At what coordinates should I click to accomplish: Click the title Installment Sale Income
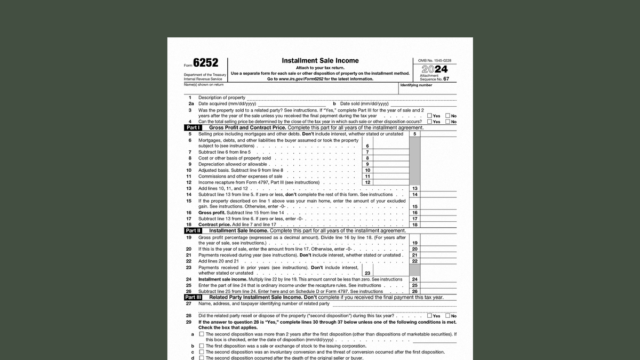click(x=320, y=61)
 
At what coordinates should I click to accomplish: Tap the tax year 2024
click(x=435, y=69)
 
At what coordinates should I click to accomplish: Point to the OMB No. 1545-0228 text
click(x=435, y=61)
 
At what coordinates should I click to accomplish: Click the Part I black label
click(x=193, y=128)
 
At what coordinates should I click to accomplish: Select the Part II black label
click(x=193, y=231)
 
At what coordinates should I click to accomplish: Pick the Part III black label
click(x=193, y=298)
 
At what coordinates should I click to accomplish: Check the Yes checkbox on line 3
click(x=429, y=116)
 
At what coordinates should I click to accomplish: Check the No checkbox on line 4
click(x=448, y=122)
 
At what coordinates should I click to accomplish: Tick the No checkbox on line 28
click(x=448, y=316)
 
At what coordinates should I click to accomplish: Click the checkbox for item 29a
click(x=202, y=334)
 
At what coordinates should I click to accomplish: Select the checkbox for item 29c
click(x=202, y=352)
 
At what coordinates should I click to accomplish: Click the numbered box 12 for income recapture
click(x=367, y=182)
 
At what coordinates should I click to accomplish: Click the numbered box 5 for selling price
click(x=414, y=134)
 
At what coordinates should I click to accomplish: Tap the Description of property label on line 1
click(x=221, y=98)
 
